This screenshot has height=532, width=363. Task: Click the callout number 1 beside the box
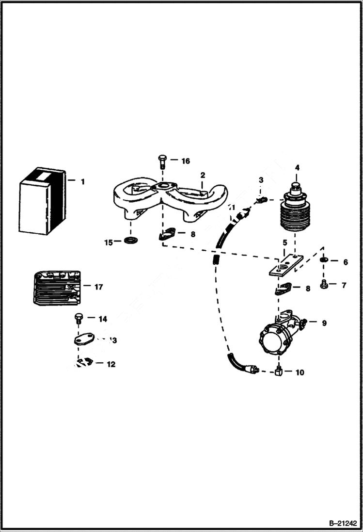pyautogui.click(x=82, y=182)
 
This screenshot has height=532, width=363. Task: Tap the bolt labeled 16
pyautogui.click(x=162, y=161)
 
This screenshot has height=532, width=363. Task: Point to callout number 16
pyautogui.click(x=186, y=161)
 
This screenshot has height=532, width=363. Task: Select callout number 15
pyautogui.click(x=109, y=241)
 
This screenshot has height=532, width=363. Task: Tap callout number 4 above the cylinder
pyautogui.click(x=297, y=168)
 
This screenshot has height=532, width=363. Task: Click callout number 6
pyautogui.click(x=345, y=262)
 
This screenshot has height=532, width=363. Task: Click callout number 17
pyautogui.click(x=98, y=287)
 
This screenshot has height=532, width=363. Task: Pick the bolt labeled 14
pyautogui.click(x=79, y=319)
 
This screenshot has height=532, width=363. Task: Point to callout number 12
pyautogui.click(x=111, y=364)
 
